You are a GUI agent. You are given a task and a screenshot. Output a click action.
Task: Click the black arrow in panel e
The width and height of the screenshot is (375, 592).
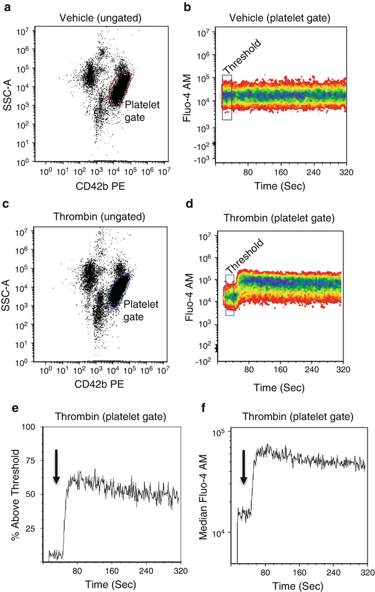coord(56,467)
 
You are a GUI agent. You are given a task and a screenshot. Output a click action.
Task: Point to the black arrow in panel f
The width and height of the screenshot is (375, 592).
coord(243,467)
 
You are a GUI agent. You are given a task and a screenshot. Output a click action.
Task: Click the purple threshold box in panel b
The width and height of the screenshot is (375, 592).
coord(226,97)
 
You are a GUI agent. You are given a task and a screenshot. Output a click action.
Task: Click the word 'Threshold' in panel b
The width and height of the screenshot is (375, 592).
coord(238,58)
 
